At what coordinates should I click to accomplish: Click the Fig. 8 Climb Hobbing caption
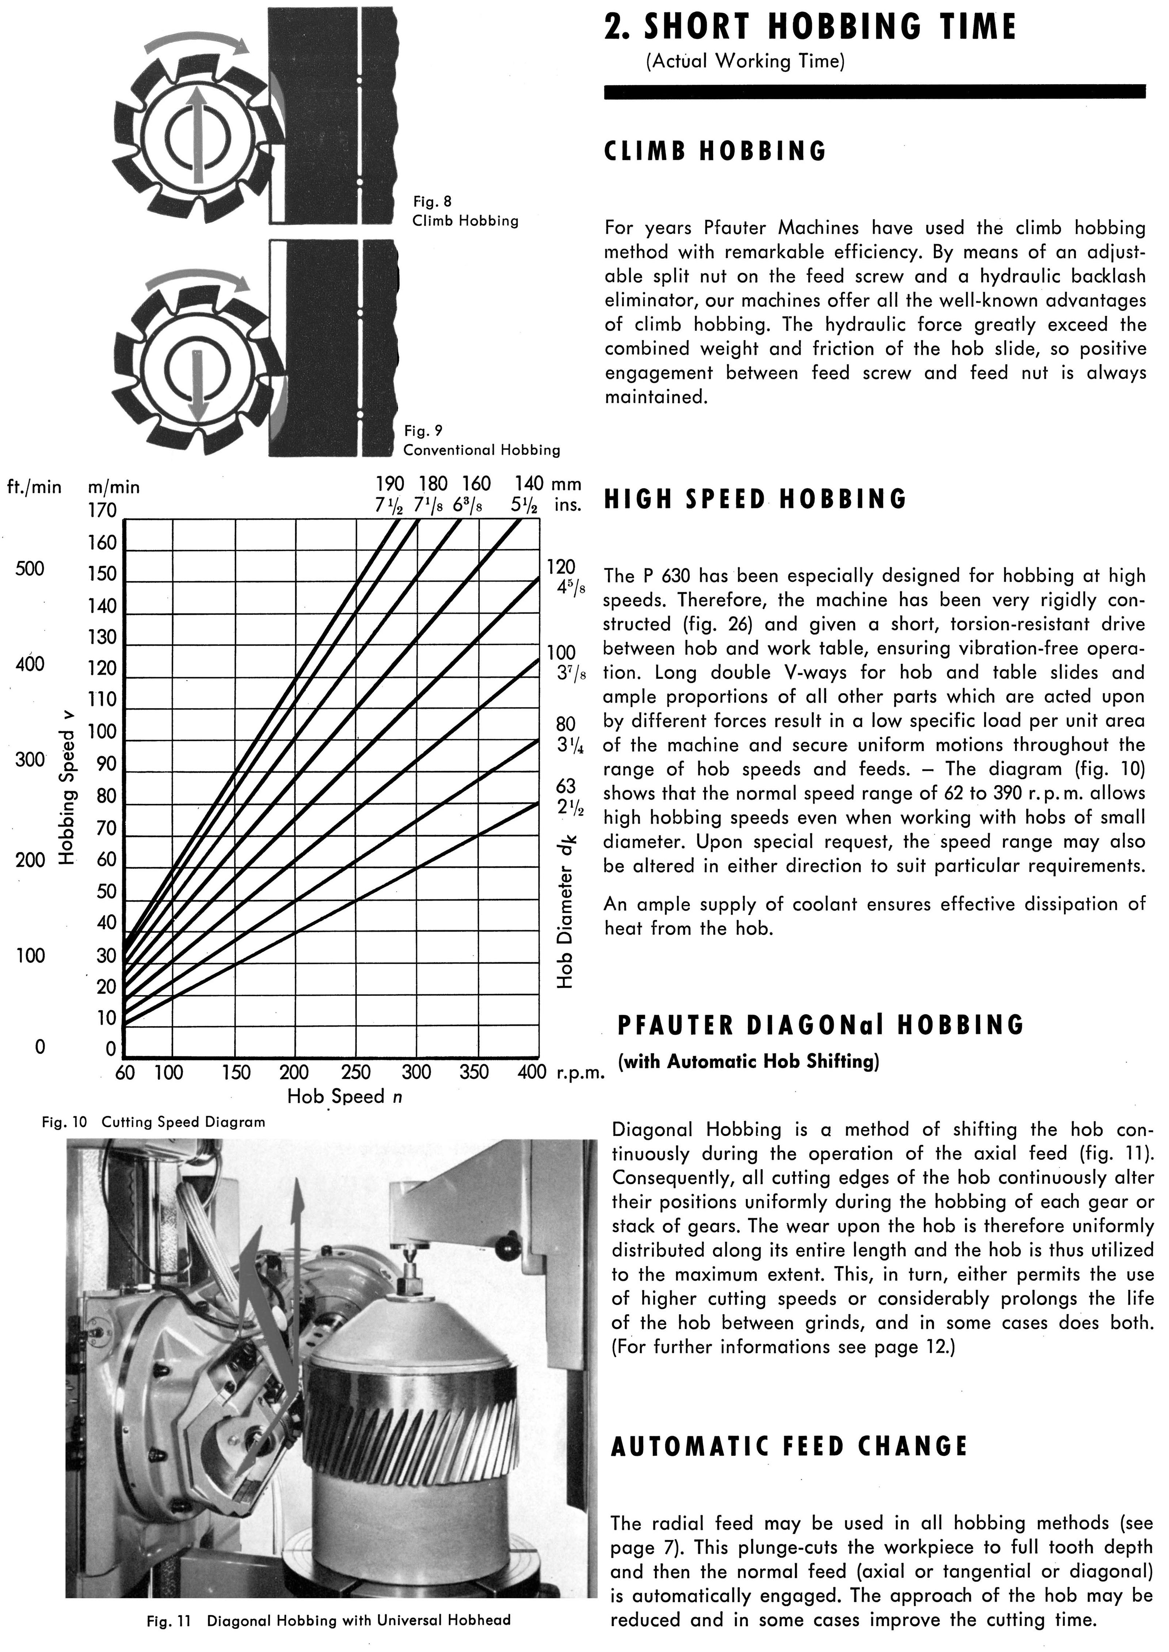(x=465, y=211)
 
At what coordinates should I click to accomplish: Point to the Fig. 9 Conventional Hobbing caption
(x=481, y=440)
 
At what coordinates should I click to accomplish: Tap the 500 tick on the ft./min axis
(x=30, y=569)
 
